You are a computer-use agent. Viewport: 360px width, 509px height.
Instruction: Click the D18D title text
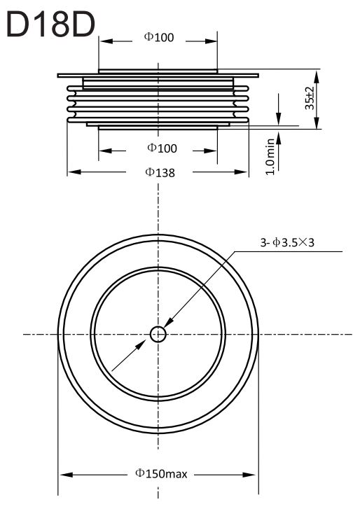click(x=50, y=25)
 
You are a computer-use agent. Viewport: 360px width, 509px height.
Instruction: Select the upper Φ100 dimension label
click(x=159, y=37)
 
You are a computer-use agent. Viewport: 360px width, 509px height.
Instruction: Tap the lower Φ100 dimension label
click(x=162, y=148)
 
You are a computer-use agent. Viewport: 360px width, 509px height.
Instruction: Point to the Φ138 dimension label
click(x=160, y=172)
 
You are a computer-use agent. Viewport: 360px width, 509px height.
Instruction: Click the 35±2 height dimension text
click(x=310, y=98)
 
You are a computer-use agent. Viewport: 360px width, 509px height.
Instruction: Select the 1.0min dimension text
click(x=270, y=157)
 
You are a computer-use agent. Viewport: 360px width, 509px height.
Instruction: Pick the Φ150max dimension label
click(x=161, y=474)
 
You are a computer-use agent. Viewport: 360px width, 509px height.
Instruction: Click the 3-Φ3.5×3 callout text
click(x=287, y=242)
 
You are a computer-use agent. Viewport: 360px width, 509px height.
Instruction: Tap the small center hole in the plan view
click(x=158, y=335)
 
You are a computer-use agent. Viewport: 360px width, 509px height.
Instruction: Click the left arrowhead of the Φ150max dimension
click(x=67, y=475)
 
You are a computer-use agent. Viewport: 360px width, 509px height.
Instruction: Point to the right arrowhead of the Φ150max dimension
click(x=249, y=475)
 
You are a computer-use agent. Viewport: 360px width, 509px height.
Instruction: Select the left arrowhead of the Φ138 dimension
click(x=74, y=172)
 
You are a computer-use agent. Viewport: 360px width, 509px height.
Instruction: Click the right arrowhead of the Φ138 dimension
click(x=241, y=172)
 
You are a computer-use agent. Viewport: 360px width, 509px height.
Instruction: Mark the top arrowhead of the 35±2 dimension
click(x=317, y=76)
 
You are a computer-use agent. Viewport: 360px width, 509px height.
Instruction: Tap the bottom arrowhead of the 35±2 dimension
click(x=317, y=123)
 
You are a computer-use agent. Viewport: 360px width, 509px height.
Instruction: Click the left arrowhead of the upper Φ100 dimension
click(x=106, y=41)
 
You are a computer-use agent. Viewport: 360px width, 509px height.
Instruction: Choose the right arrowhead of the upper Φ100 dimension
click(x=210, y=41)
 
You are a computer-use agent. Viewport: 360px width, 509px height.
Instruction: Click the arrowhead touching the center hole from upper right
click(x=169, y=323)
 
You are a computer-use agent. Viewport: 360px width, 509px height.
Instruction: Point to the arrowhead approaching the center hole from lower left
click(x=141, y=344)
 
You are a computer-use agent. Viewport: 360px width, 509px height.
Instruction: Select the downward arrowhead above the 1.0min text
click(x=279, y=118)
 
